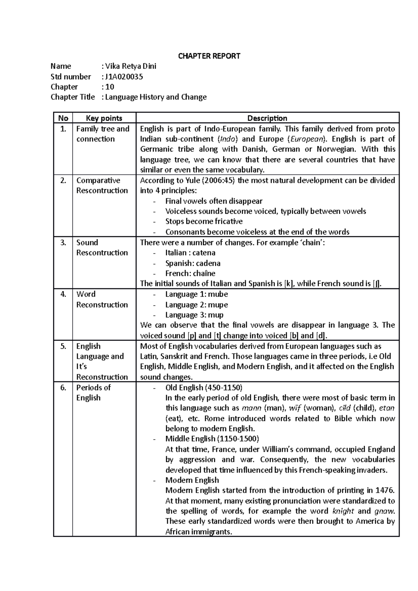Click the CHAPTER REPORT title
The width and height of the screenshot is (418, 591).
tap(209, 56)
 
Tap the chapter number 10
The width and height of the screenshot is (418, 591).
tap(110, 87)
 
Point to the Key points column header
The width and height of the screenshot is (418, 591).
tap(104, 118)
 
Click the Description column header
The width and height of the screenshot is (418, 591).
tap(267, 118)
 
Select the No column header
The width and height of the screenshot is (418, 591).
tap(63, 118)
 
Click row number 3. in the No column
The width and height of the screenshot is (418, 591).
tap(63, 243)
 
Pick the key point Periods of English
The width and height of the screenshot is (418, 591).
tap(93, 393)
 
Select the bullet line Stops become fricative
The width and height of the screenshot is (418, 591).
tap(204, 221)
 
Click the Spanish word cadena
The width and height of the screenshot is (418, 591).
tap(208, 263)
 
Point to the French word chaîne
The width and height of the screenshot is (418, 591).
tap(205, 273)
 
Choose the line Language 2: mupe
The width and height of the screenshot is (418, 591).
tap(196, 305)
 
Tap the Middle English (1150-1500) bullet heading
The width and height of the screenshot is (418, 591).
tap(212, 439)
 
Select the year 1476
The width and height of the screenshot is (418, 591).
tap(384, 490)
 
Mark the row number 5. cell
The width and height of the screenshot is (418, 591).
tap(63, 346)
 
